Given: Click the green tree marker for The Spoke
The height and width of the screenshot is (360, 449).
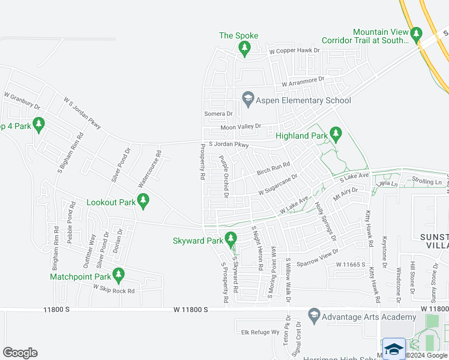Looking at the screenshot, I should pyautogui.click(x=244, y=49).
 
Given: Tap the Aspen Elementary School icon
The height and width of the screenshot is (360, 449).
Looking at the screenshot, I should pyautogui.click(x=247, y=98).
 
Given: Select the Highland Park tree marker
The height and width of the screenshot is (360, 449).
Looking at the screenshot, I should pyautogui.click(x=336, y=134).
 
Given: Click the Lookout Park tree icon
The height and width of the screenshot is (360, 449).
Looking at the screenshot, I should pyautogui.click(x=143, y=200).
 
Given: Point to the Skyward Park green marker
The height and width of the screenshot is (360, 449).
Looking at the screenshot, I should pyautogui.click(x=230, y=239).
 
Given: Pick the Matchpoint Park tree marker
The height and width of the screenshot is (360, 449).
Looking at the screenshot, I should pyautogui.click(x=118, y=275).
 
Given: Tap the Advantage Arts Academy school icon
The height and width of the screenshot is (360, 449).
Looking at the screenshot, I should pyautogui.click(x=313, y=315).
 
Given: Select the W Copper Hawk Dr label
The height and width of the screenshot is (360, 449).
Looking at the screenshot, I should pyautogui.click(x=294, y=51).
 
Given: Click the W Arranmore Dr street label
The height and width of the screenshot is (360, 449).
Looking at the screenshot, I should pyautogui.click(x=303, y=80).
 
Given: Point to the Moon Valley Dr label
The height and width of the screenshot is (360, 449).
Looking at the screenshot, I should pyautogui.click(x=241, y=127).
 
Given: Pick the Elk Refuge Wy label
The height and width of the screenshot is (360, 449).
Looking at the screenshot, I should pyautogui.click(x=261, y=332).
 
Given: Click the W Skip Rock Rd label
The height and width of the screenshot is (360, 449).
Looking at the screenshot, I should pyautogui.click(x=113, y=289).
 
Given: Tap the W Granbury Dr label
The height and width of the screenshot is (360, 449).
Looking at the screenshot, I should pyautogui.click(x=22, y=100).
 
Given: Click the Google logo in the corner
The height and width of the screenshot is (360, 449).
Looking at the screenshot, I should pyautogui.click(x=20, y=352).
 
